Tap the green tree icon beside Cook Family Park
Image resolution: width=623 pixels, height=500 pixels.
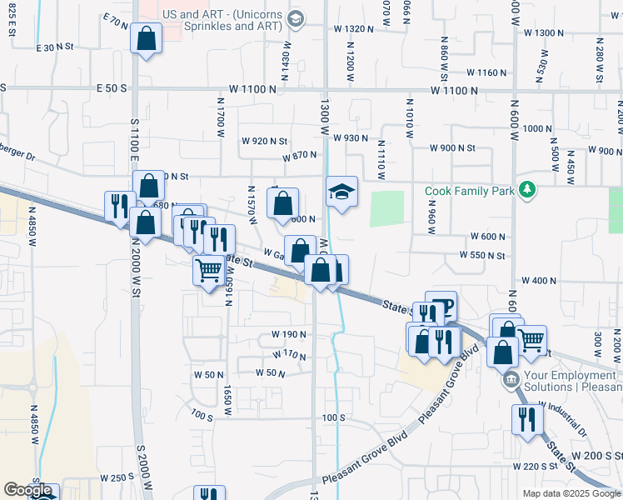[526, 191]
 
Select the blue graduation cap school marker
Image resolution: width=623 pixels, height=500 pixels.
[341, 192]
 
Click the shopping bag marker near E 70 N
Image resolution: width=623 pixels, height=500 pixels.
[147, 38]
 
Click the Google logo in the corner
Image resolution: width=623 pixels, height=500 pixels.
[28, 491]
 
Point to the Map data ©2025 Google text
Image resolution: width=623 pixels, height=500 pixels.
[571, 493]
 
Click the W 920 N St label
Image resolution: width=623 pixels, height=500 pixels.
[264, 141]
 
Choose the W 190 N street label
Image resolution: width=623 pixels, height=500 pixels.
[289, 334]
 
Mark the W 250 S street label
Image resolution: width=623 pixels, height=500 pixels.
[117, 477]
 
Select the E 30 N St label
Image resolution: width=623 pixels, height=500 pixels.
[57, 47]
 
